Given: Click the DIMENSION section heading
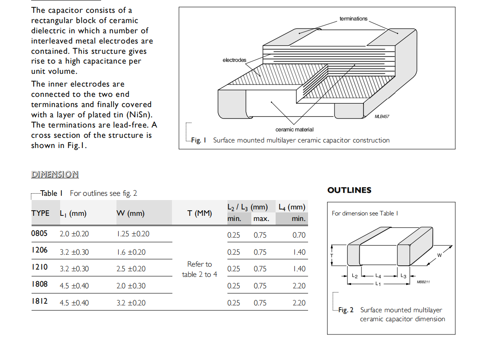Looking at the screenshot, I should coord(55,174).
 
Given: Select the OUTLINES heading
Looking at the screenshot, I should coord(349,190).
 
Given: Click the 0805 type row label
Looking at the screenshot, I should coord(39,234).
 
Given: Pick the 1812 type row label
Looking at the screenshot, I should coord(39,301).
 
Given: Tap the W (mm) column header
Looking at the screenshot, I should coord(130,213).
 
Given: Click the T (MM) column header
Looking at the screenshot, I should coord(199,213).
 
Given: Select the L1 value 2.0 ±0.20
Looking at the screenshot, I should coord(74,234).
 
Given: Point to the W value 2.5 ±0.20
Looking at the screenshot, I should coord(131,269).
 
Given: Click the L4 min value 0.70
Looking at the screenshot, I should coord(299,235).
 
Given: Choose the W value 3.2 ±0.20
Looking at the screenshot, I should coord(131,303).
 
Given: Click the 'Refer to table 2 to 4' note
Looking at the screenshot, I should coord(199,269).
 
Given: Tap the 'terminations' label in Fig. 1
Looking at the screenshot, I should coord(353,19).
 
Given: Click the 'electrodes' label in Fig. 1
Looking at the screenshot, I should coord(234,60).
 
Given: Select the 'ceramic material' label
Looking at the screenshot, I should coord(294,130).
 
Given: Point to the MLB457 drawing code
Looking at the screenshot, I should coord(382,117).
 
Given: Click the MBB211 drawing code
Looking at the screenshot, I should coord(423,282).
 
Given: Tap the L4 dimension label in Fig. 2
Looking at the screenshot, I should coord(378,276).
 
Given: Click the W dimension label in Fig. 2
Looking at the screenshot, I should coord(439,255).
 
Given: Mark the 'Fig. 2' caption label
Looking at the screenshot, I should coord(346,310).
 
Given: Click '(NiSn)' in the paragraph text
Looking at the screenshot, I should coord(139,115).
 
